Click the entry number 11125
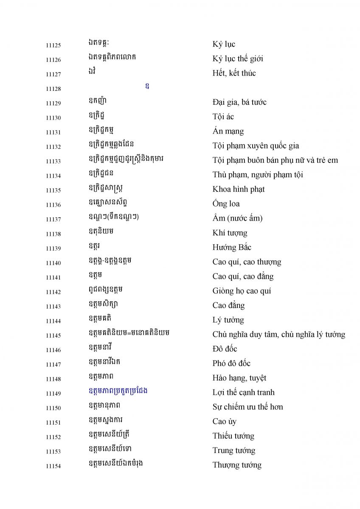(x=53, y=45)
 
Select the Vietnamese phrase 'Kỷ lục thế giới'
(x=238, y=59)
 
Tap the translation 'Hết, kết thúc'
(x=234, y=73)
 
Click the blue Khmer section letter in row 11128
(x=147, y=87)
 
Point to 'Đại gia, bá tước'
(x=239, y=102)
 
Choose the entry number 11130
(x=53, y=118)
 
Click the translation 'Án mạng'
(x=228, y=131)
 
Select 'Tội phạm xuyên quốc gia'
(x=256, y=146)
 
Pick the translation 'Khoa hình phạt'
(x=238, y=189)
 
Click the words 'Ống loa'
(x=226, y=204)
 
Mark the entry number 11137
(x=53, y=220)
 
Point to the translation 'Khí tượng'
(x=230, y=233)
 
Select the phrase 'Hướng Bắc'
(x=232, y=248)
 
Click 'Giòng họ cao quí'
(x=242, y=291)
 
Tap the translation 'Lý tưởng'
(x=228, y=320)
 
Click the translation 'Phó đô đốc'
(x=231, y=364)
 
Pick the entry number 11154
(x=53, y=466)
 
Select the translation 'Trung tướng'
(x=233, y=450)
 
